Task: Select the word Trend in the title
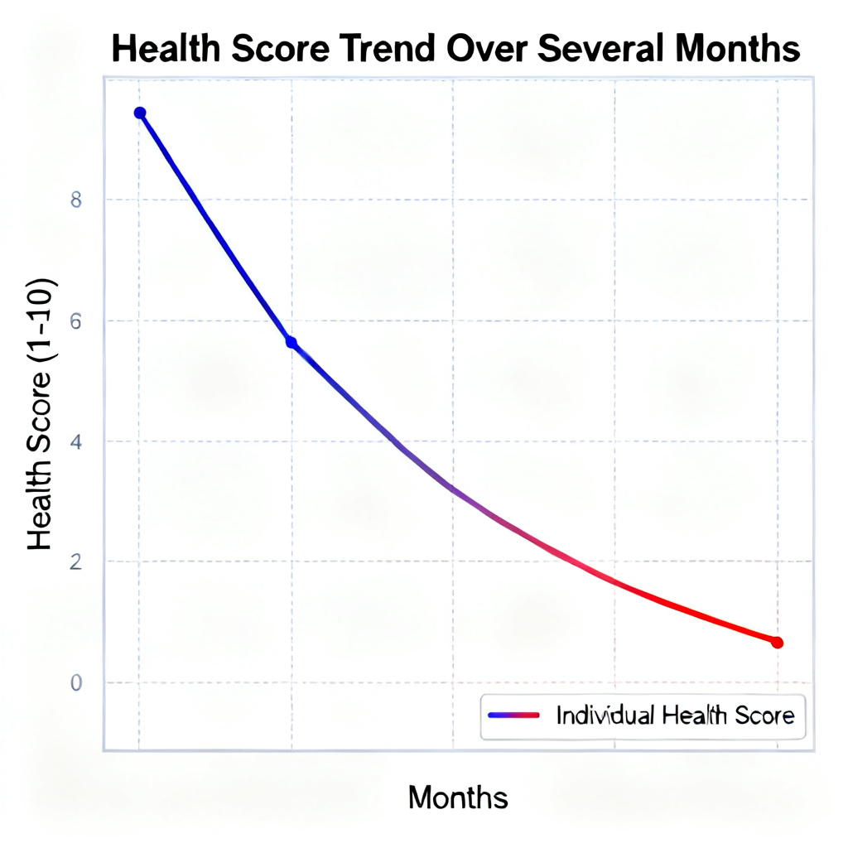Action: [385, 50]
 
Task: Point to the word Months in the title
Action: [737, 50]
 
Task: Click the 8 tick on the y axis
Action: [75, 200]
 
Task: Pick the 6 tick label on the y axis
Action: [75, 321]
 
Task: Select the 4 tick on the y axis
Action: [75, 441]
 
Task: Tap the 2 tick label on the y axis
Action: [75, 562]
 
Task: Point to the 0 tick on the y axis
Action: [75, 683]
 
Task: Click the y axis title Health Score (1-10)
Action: [41, 414]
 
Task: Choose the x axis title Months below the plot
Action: [458, 797]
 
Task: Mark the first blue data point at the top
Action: [140, 113]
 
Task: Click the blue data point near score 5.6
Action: [291, 342]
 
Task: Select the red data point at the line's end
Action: [777, 643]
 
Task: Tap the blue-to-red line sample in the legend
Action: [514, 715]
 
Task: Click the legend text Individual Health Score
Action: [675, 715]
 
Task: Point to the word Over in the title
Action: [488, 50]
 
